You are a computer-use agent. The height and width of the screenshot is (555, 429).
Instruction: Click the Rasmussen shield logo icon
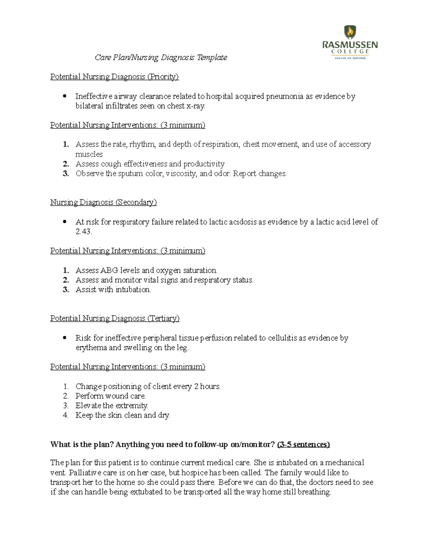pyautogui.click(x=350, y=33)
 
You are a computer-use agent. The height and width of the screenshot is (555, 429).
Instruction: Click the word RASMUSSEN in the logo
pyautogui.click(x=350, y=45)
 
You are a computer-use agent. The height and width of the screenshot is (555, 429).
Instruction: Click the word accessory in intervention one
pyautogui.click(x=355, y=144)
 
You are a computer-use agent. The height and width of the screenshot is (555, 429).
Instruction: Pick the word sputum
pyautogui.click(x=130, y=174)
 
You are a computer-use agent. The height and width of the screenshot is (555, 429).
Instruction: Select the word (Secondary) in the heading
pyautogui.click(x=136, y=202)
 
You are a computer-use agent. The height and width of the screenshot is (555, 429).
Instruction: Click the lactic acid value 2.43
pyautogui.click(x=84, y=232)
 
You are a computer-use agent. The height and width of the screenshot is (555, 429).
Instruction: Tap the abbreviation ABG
pyautogui.click(x=109, y=270)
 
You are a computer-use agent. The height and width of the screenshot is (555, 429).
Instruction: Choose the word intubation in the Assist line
pyautogui.click(x=133, y=289)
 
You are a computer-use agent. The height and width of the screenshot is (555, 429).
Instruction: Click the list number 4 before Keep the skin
pyautogui.click(x=65, y=415)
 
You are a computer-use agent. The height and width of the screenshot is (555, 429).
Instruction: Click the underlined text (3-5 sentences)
pyautogui.click(x=304, y=445)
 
